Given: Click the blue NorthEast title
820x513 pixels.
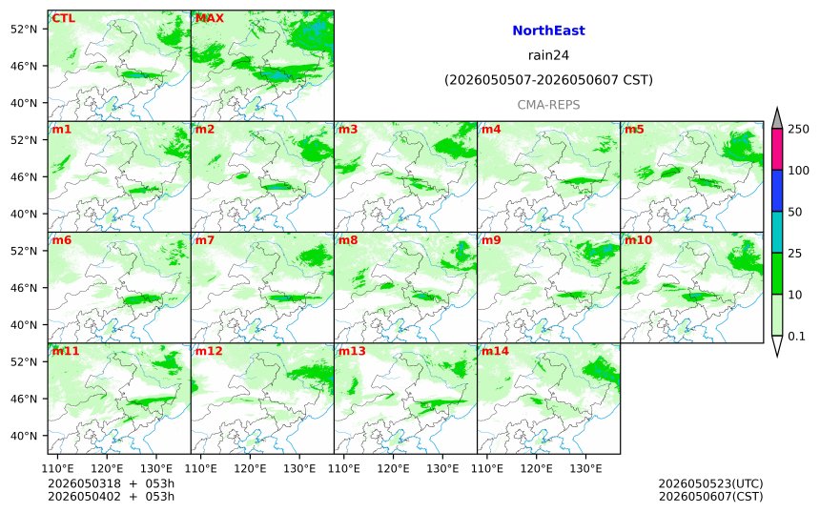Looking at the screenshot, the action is tap(548, 31).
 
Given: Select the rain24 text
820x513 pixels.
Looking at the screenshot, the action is tap(548, 55).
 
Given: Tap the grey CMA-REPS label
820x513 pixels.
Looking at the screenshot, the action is tap(548, 105).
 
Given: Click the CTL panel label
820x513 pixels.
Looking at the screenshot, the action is tap(63, 18).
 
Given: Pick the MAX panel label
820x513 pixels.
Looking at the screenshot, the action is tap(209, 18).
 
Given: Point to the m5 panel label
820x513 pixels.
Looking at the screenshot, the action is tap(634, 129).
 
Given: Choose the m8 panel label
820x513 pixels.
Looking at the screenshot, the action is tap(348, 240).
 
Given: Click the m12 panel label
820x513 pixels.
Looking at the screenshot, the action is tap(209, 351).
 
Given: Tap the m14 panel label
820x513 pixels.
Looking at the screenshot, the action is tap(495, 351).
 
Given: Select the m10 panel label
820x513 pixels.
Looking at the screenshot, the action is tap(639, 240).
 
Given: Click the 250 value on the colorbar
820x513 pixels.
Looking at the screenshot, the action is tap(799, 129).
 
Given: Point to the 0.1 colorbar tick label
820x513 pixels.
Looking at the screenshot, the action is tap(796, 337).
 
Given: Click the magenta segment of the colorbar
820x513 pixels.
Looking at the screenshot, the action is tap(777, 149).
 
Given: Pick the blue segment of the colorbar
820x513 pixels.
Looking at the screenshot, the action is tap(777, 191).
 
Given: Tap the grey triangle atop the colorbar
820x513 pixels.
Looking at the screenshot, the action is tap(777, 118).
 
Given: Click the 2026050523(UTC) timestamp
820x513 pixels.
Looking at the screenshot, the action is tap(710, 483).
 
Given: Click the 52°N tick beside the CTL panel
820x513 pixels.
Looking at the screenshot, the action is tap(24, 29).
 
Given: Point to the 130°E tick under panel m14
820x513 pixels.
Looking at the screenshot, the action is tap(585, 468).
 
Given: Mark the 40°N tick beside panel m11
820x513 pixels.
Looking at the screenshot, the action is tap(24, 436).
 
